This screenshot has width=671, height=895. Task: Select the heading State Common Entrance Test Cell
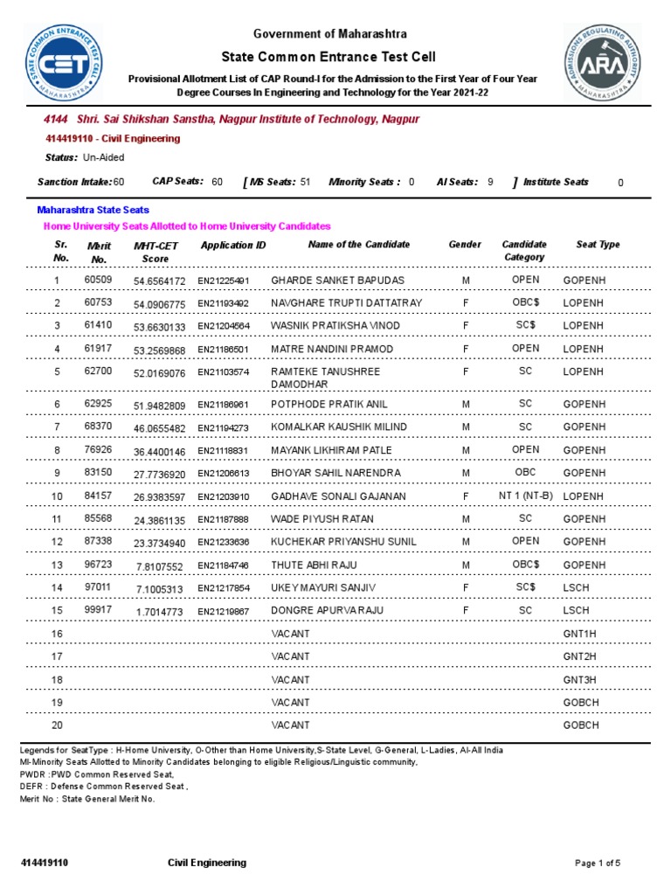(329, 56)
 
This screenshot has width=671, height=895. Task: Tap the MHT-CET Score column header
(156, 253)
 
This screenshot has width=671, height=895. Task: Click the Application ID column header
(232, 246)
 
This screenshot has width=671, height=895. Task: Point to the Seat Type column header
(598, 245)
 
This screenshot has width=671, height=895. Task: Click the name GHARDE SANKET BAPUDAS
(326, 281)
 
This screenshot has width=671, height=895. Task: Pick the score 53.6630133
(160, 327)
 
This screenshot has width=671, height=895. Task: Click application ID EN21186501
(224, 350)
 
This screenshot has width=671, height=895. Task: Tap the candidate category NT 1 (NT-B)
(525, 496)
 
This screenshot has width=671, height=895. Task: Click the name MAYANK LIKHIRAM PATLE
(331, 450)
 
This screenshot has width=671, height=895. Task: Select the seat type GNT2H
(581, 656)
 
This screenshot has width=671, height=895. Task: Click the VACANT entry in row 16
(290, 634)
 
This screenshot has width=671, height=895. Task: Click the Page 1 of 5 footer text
(598, 864)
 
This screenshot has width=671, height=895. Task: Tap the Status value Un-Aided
(103, 157)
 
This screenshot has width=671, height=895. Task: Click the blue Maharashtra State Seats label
(93, 210)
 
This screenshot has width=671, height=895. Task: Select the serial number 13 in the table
(58, 564)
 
